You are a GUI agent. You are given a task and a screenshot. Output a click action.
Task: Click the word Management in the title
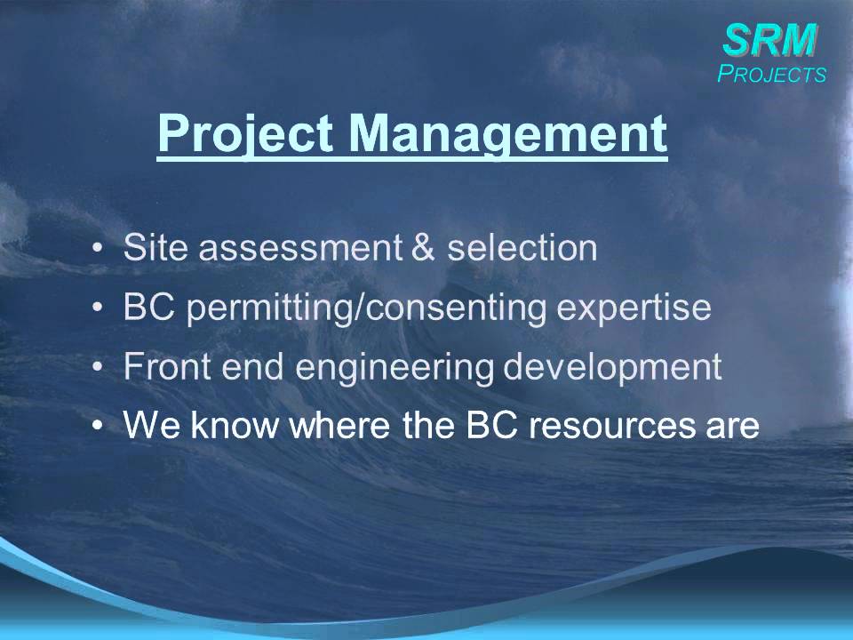click(x=506, y=133)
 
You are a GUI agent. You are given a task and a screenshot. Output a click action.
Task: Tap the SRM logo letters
click(x=769, y=38)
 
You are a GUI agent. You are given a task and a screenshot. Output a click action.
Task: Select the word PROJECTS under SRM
click(x=771, y=75)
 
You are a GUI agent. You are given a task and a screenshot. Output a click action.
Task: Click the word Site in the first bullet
click(x=155, y=248)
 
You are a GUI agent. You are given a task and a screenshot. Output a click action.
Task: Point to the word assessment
click(x=298, y=248)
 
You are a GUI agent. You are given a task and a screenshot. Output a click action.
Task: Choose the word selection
click(x=522, y=248)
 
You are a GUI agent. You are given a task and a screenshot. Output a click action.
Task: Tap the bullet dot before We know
click(x=97, y=428)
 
